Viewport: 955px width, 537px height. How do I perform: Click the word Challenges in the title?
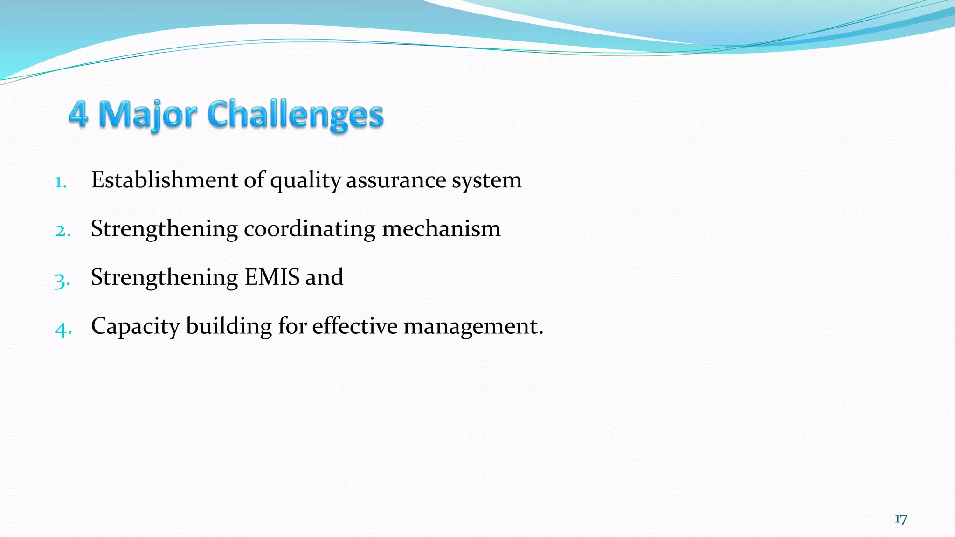(295, 115)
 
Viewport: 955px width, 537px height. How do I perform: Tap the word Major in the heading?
(148, 115)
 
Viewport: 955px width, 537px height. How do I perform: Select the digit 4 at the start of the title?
(78, 115)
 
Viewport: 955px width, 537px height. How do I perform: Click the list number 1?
(60, 182)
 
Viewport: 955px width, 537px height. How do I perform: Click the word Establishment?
(164, 180)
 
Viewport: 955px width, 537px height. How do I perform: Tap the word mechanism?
(441, 229)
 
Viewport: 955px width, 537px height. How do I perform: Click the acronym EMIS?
(272, 277)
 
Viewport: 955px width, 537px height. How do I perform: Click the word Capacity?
(135, 326)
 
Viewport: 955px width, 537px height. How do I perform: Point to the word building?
(229, 326)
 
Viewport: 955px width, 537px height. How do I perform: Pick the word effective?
(355, 326)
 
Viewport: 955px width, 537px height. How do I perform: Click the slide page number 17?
(900, 519)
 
